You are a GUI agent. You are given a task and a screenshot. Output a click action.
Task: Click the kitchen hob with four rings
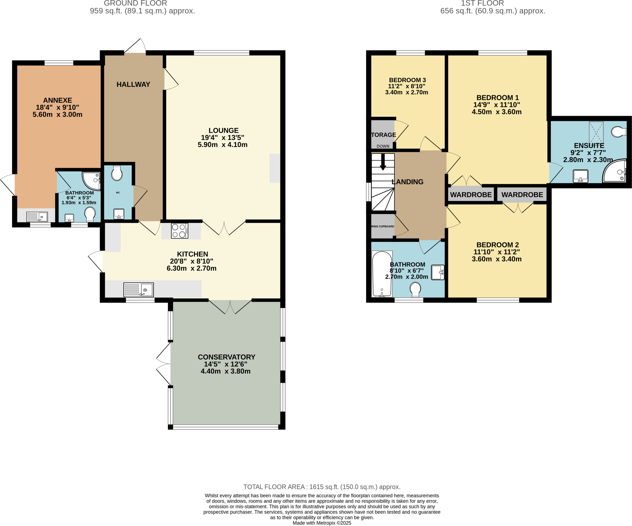(180, 231)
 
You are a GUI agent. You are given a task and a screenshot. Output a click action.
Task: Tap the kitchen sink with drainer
(139, 290)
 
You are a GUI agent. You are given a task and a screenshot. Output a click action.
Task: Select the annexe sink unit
(37, 217)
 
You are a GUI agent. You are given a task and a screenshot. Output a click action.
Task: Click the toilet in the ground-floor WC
(117, 173)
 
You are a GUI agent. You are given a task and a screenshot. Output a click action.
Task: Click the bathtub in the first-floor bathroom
(382, 274)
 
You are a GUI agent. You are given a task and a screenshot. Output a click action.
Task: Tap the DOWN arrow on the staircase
(383, 162)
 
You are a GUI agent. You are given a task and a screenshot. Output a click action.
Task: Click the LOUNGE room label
(223, 131)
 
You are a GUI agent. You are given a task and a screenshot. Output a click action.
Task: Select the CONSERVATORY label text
(226, 357)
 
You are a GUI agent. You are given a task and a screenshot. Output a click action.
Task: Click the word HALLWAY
(133, 84)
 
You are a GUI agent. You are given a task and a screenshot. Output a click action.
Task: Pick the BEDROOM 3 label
(407, 80)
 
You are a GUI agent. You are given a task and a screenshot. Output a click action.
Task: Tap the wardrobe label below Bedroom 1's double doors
(471, 195)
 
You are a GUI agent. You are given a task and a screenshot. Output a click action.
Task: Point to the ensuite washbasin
(580, 176)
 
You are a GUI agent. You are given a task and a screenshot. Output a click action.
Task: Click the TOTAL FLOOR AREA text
(322, 487)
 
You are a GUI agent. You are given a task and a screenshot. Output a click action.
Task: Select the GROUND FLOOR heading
(135, 3)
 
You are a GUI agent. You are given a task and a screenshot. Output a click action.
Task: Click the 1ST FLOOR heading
(482, 3)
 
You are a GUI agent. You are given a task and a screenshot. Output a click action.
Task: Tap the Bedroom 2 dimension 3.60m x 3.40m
(497, 259)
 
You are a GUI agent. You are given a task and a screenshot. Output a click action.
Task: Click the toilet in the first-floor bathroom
(415, 289)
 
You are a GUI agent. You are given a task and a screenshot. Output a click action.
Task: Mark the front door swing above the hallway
(136, 46)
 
